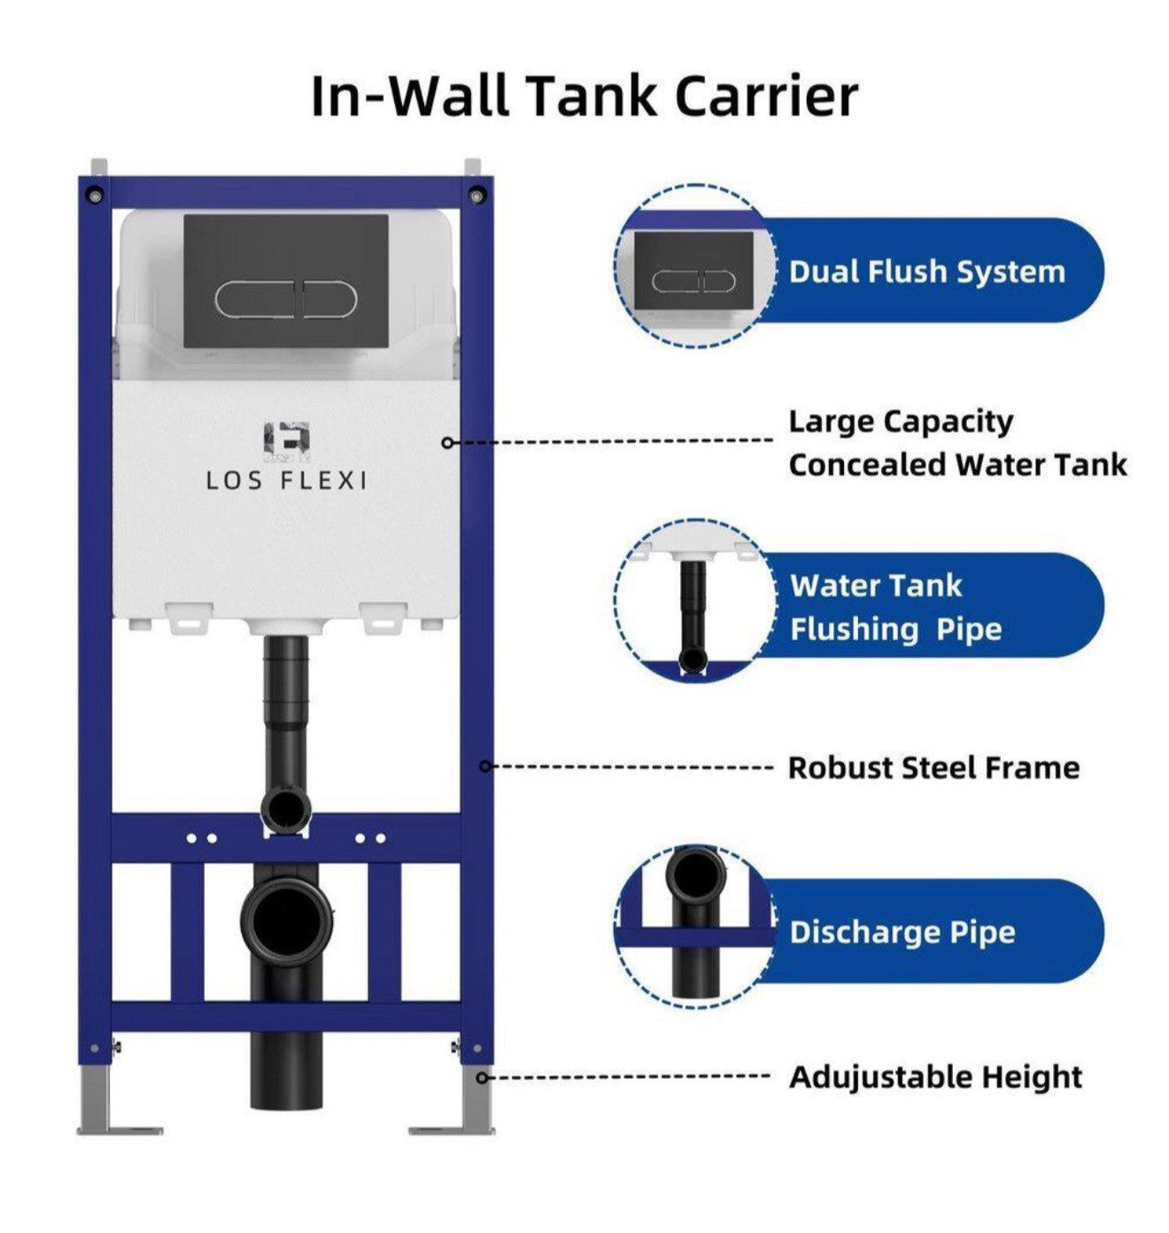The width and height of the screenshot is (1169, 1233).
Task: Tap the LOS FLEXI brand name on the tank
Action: [286, 481]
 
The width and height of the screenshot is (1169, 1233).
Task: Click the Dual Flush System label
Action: [926, 272]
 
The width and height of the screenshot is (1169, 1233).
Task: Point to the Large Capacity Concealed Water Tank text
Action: [956, 443]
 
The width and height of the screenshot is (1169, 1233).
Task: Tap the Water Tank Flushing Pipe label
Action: [894, 607]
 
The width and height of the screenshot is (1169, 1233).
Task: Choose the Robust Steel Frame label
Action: [933, 767]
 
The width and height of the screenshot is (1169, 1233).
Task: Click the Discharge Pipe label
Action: [902, 932]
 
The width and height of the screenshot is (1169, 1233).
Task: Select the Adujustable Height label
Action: [935, 1077]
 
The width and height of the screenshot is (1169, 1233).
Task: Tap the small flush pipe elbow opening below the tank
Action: [284, 807]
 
